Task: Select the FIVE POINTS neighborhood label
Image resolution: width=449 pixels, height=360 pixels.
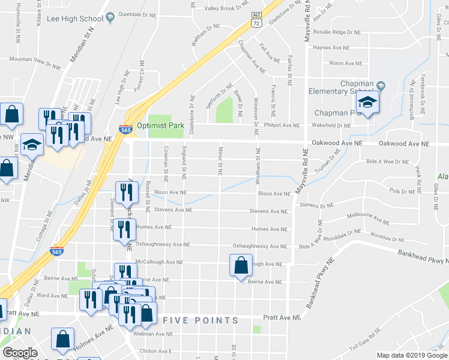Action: (201, 320)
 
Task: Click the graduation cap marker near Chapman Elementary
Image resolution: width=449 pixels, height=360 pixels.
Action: (367, 103)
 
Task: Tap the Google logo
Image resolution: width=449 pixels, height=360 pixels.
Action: (20, 353)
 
